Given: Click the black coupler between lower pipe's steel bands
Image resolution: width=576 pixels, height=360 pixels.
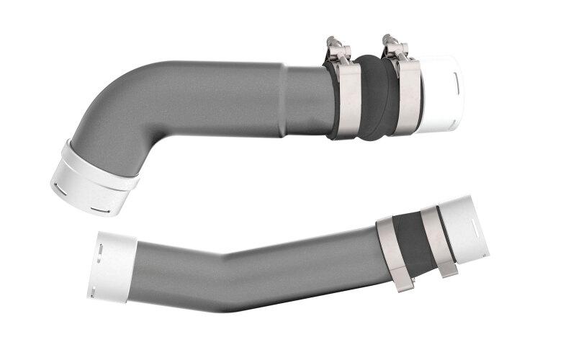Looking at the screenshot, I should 415,240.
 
